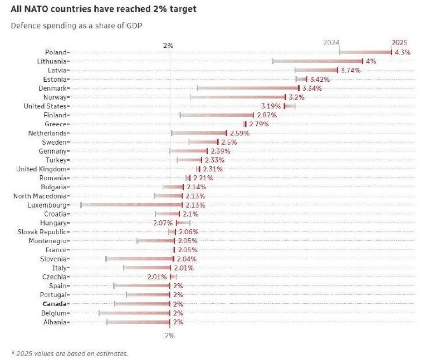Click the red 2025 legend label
coord(399,43)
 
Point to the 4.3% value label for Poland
coord(402,52)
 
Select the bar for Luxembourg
coord(131,205)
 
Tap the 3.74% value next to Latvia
coord(350,70)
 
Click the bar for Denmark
coord(248,88)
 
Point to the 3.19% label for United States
coord(270,106)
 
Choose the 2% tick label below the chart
coord(169,336)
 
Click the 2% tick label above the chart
coord(168,45)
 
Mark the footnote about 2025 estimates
coord(69,353)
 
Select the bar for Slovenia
coord(140,259)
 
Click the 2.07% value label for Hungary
coord(163,223)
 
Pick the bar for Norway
coord(238,97)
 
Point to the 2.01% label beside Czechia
coord(157,277)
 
